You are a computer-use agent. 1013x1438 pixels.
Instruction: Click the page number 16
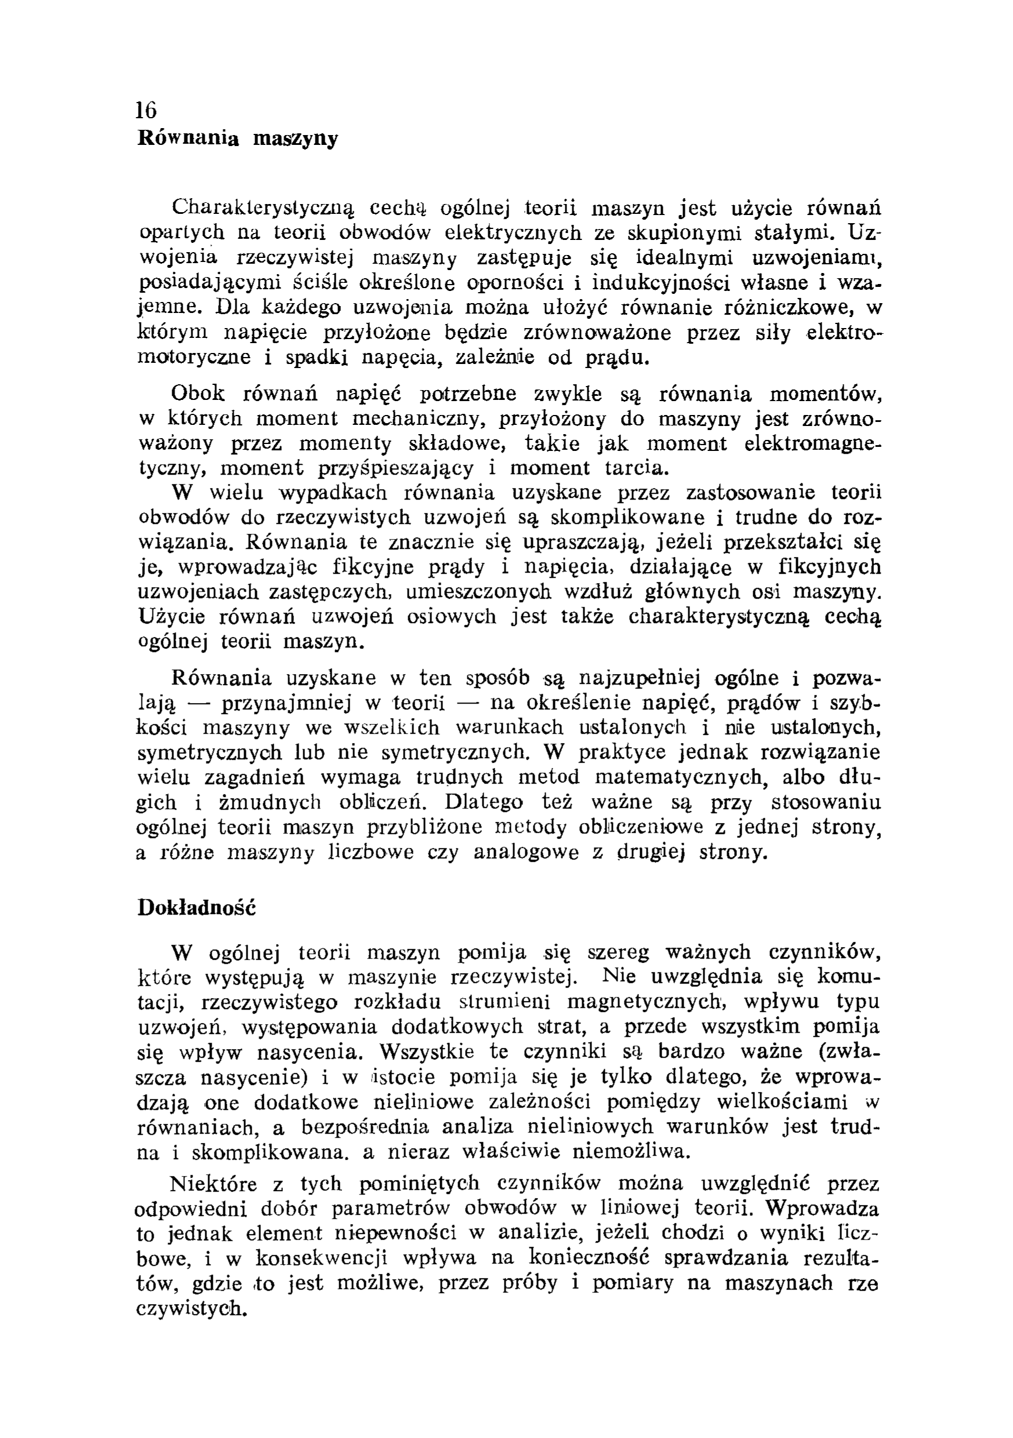pos(147,110)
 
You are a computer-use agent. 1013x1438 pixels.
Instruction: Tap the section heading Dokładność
pos(197,908)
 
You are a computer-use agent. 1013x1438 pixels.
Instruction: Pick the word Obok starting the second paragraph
pos(197,394)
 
